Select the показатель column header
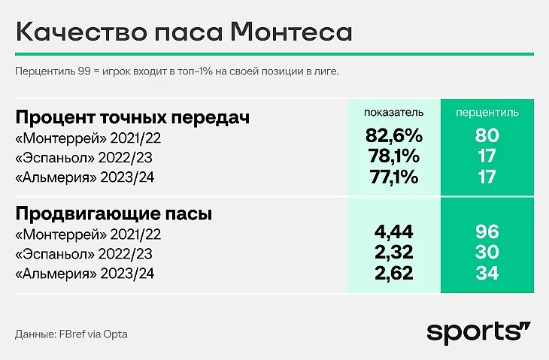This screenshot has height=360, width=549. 393,112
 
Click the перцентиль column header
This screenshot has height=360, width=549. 487,112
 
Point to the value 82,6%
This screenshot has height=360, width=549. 393,137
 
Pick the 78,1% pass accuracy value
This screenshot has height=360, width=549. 393,158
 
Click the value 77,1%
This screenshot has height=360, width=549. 393,178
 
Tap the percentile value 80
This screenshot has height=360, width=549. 487,137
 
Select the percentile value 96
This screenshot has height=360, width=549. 487,232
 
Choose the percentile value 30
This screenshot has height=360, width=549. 487,253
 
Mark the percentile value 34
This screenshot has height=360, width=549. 487,274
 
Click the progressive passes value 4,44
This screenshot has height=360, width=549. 393,232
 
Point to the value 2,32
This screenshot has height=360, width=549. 393,253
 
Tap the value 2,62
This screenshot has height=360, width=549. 393,274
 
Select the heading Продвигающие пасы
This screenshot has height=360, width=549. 114,214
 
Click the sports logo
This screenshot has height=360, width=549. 478,332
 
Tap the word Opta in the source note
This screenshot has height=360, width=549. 126,334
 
